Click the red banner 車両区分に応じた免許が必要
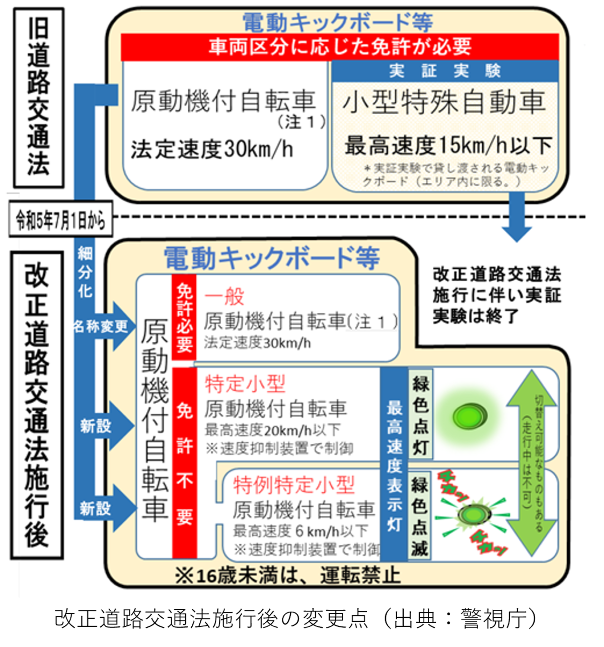tap(340, 47)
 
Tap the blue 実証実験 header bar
tap(445, 71)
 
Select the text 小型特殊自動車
tap(444, 102)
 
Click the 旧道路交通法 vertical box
tap(38, 98)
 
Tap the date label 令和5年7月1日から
tap(60, 220)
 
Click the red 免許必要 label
tap(184, 317)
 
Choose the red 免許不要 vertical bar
tap(184, 463)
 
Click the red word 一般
tap(224, 297)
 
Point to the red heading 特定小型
tap(245, 385)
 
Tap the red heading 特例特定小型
tap(294, 485)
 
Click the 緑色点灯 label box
tap(420, 415)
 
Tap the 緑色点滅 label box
tap(420, 515)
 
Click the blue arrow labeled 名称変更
tap(103, 327)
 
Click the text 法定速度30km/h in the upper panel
tap(211, 149)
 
